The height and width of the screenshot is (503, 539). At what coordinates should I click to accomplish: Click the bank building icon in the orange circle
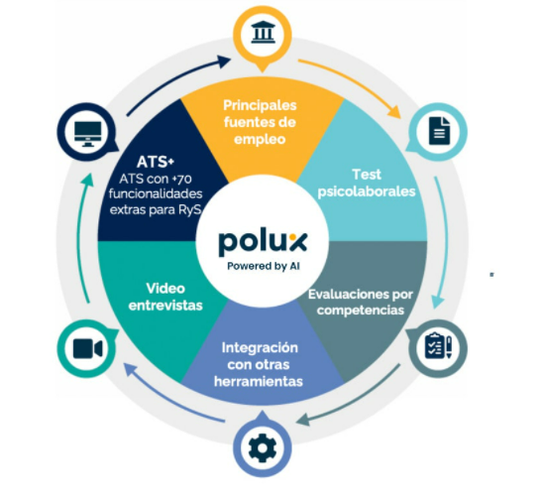pyautogui.click(x=263, y=33)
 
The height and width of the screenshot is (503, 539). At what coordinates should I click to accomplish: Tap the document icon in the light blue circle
pyautogui.click(x=439, y=131)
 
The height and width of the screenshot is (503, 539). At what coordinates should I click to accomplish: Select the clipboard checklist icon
pyautogui.click(x=438, y=345)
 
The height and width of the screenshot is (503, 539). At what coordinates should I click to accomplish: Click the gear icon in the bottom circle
pyautogui.click(x=263, y=447)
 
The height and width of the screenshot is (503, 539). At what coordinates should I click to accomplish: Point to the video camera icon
pyautogui.click(x=87, y=348)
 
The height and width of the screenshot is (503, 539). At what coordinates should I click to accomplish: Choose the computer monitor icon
pyautogui.click(x=88, y=134)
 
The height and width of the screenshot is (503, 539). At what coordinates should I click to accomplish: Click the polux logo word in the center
pyautogui.click(x=263, y=243)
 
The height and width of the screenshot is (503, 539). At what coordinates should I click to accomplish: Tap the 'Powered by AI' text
pyautogui.click(x=264, y=266)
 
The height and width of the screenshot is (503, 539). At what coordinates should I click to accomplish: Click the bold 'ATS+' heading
pyautogui.click(x=156, y=162)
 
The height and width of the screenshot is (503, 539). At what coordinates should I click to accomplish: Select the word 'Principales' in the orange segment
pyautogui.click(x=260, y=105)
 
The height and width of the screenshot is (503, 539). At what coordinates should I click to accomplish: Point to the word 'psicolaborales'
pyautogui.click(x=367, y=191)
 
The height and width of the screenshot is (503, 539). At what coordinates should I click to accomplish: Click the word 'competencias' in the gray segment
pyautogui.click(x=361, y=311)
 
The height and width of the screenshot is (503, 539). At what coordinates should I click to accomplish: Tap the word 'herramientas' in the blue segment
pyautogui.click(x=259, y=382)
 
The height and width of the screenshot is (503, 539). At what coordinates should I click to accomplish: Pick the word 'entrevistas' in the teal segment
pyautogui.click(x=165, y=306)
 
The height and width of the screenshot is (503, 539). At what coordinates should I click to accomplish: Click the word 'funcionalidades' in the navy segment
pyautogui.click(x=156, y=193)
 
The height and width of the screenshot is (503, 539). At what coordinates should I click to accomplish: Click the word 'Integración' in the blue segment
pyautogui.click(x=260, y=347)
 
